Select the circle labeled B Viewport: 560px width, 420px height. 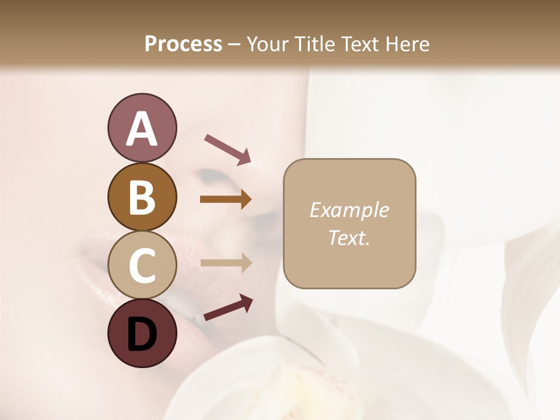click(x=142, y=197)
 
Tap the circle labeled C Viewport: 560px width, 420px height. click(x=142, y=265)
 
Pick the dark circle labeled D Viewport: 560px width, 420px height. click(x=142, y=333)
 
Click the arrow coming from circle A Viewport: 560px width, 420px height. click(x=228, y=149)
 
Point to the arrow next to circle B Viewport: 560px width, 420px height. click(x=226, y=199)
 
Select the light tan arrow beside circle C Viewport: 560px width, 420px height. click(x=226, y=264)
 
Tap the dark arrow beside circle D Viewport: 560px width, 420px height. click(x=228, y=307)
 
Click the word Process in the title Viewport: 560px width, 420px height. click(x=183, y=44)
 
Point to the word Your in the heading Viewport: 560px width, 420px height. click(x=265, y=44)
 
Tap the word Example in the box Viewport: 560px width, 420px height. click(x=349, y=210)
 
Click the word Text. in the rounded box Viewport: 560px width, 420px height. click(x=349, y=237)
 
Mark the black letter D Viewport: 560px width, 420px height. click(x=142, y=335)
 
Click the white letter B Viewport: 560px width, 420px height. click(x=142, y=197)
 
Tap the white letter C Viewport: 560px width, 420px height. click(x=142, y=265)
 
